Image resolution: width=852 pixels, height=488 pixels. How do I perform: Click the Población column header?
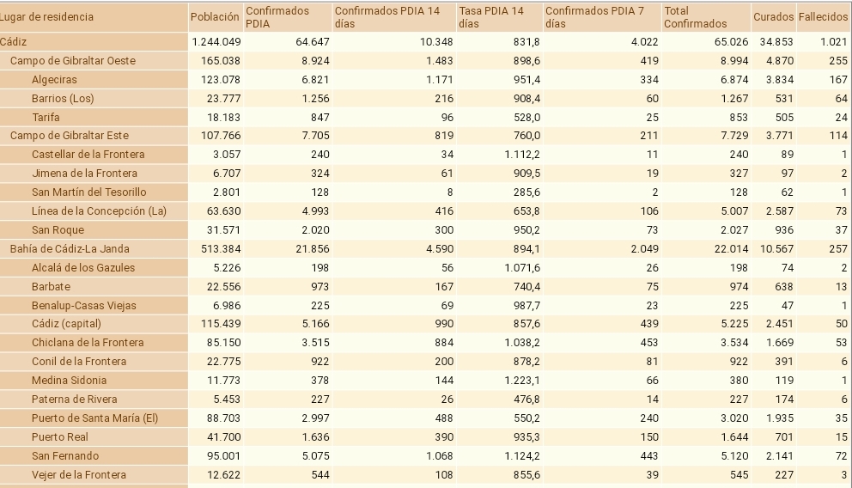pos(215,16)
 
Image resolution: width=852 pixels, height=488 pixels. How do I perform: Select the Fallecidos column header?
pos(823,16)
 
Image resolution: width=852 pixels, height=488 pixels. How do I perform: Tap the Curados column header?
pos(773,16)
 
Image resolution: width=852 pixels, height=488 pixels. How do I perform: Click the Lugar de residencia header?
pos(47,16)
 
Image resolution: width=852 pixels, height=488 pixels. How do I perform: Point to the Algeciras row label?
pos(54,79)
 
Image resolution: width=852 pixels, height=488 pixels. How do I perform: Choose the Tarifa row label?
pos(46,117)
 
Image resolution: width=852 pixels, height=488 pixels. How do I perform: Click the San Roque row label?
pos(52,229)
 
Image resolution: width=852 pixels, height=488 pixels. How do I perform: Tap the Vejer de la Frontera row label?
pos(78,474)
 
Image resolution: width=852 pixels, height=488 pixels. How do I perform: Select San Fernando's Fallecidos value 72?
pos(841,455)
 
